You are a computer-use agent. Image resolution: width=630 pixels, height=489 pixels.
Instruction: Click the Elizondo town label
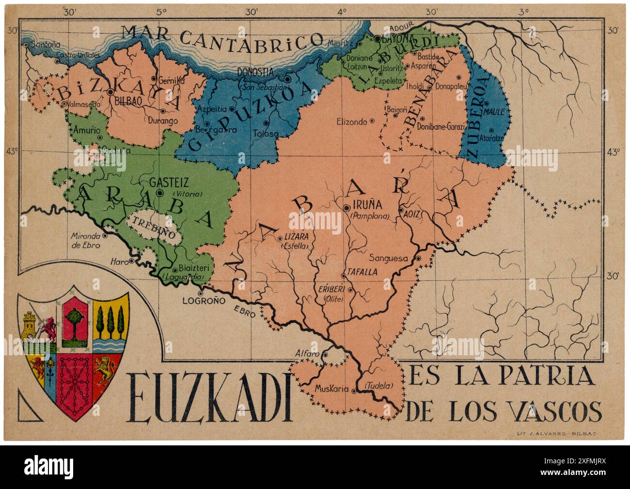coord(352,122)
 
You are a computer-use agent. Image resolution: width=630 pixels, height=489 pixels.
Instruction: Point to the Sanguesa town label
coord(389,258)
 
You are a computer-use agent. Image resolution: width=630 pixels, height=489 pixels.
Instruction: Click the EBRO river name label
coord(244,311)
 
